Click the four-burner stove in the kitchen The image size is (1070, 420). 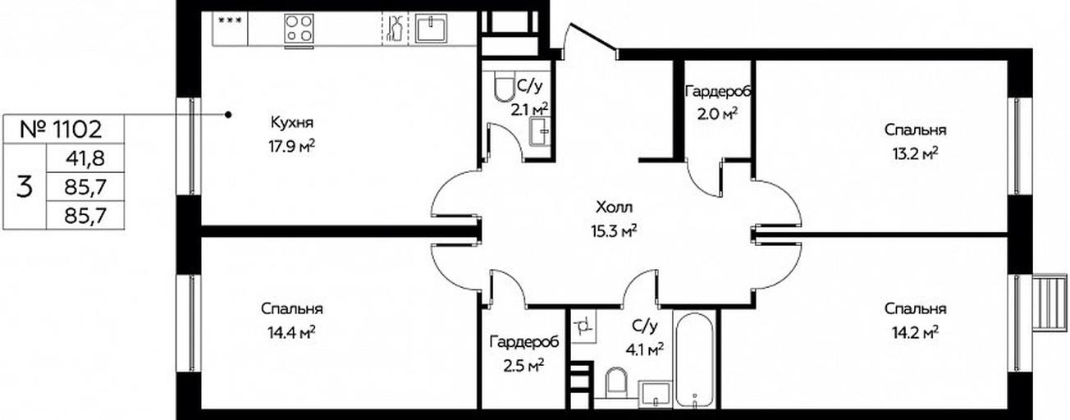pyautogui.click(x=300, y=29)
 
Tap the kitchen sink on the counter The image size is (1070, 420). pyautogui.click(x=431, y=29)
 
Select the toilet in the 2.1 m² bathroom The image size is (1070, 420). pyautogui.click(x=502, y=87)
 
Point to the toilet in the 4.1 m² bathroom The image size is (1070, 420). pyautogui.click(x=616, y=387)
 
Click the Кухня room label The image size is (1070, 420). pyautogui.click(x=292, y=123)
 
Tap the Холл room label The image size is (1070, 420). pyautogui.click(x=614, y=208)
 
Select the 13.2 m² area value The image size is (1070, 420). pyautogui.click(x=915, y=154)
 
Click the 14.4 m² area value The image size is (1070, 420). pyautogui.click(x=291, y=332)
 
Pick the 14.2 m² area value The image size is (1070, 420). pyautogui.click(x=915, y=332)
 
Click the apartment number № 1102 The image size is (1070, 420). pyautogui.click(x=62, y=130)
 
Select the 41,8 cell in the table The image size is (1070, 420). pyautogui.click(x=85, y=158)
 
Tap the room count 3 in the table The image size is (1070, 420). pyautogui.click(x=25, y=186)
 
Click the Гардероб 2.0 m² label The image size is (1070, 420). pyautogui.click(x=717, y=103)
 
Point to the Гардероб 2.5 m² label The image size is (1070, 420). pyautogui.click(x=524, y=354)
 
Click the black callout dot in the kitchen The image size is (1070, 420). pyautogui.click(x=229, y=115)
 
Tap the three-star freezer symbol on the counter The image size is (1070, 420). pyautogui.click(x=231, y=21)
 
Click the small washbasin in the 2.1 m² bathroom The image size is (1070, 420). pyautogui.click(x=539, y=131)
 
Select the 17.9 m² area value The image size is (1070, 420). pyautogui.click(x=291, y=147)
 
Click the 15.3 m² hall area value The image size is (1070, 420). pyautogui.click(x=614, y=231)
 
